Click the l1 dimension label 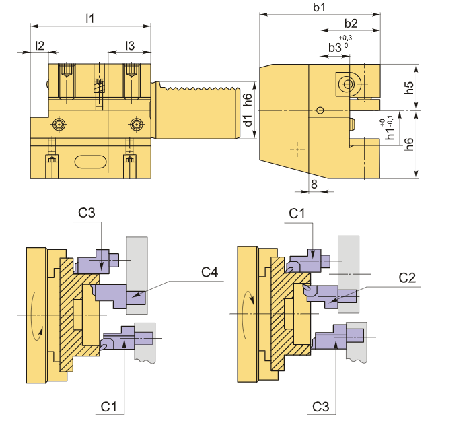(89, 18)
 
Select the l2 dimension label (40, 45)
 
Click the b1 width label (319, 7)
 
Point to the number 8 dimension (314, 184)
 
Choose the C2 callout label (408, 277)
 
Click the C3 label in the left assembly (87, 213)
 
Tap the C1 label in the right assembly (297, 213)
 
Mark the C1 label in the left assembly (110, 406)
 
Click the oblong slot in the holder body (90, 161)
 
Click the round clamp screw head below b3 (347, 84)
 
